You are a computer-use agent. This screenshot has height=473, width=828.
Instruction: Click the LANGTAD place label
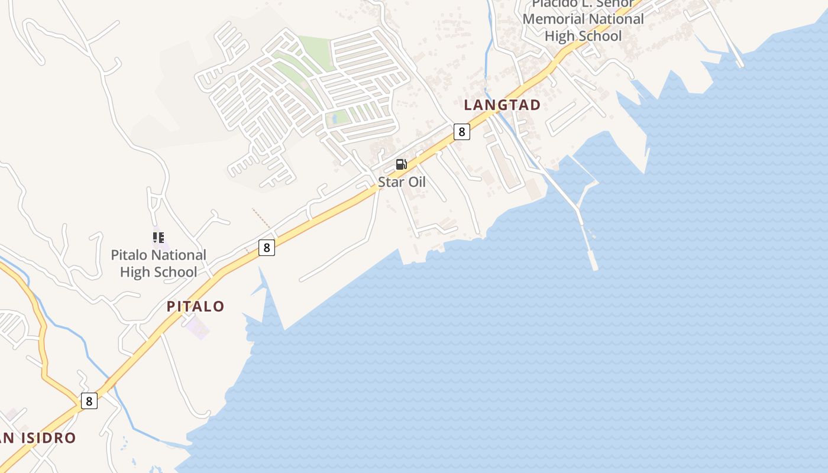coord(502,105)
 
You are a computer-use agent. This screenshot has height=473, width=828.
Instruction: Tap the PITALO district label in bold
coord(195,306)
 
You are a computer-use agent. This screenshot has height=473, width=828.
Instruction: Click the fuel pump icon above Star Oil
coord(402,164)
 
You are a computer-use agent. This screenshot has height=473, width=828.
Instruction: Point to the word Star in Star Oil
coord(390,182)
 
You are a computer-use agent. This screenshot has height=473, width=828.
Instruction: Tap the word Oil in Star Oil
coord(415,182)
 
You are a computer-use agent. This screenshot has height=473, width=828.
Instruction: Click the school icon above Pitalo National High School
coord(159,238)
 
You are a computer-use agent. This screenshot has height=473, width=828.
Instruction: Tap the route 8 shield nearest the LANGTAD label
coord(461,131)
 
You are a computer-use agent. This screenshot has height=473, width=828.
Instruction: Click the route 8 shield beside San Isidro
coord(89,401)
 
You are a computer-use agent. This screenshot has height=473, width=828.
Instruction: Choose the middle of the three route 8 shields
coord(267,248)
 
